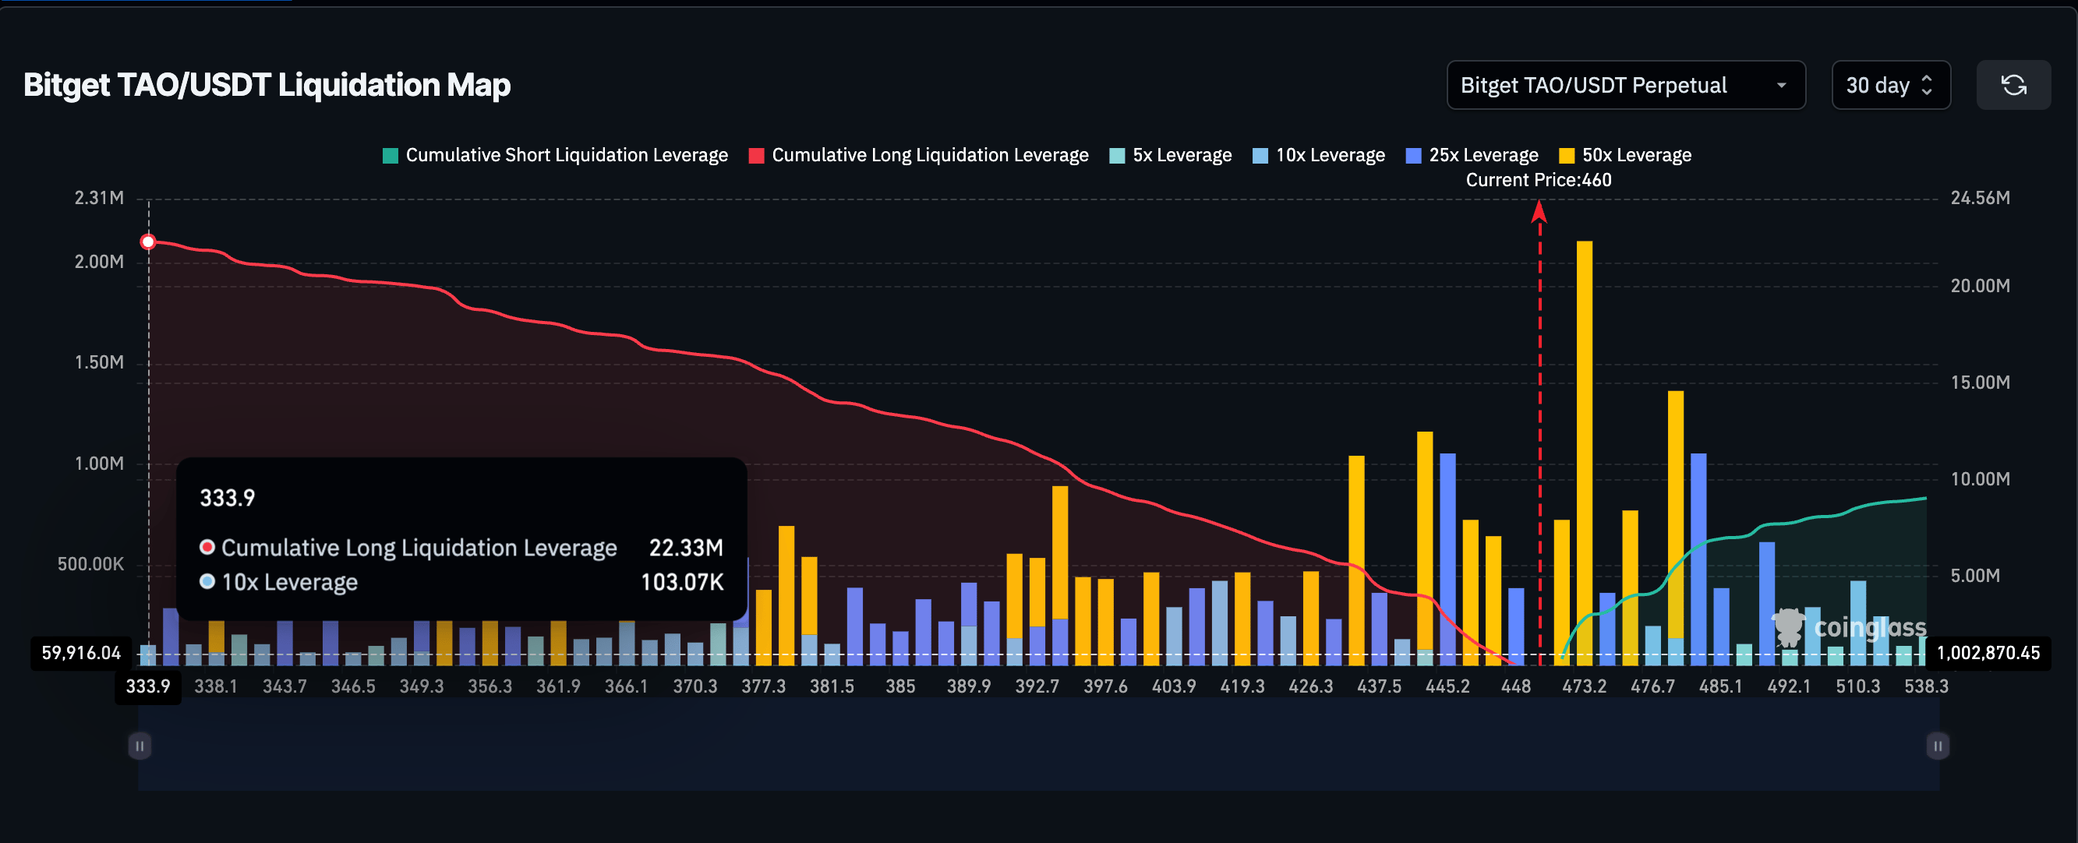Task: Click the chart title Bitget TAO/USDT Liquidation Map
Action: coord(267,85)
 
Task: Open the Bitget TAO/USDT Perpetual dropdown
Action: coord(1624,85)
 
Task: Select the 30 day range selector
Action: coord(1890,85)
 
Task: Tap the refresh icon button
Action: coord(2013,85)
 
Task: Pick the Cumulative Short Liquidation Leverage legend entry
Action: coord(555,155)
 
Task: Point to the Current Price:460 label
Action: coord(1538,180)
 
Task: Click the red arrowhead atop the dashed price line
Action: coord(1539,211)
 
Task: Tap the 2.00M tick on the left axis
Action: coord(99,261)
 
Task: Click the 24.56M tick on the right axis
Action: coord(1980,198)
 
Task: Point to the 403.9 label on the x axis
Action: coord(1173,686)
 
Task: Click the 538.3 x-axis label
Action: coord(1925,686)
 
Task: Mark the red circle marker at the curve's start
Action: coord(148,242)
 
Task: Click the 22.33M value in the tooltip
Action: coord(686,548)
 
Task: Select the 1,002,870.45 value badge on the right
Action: coord(1988,653)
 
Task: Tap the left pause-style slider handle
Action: coord(140,746)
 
